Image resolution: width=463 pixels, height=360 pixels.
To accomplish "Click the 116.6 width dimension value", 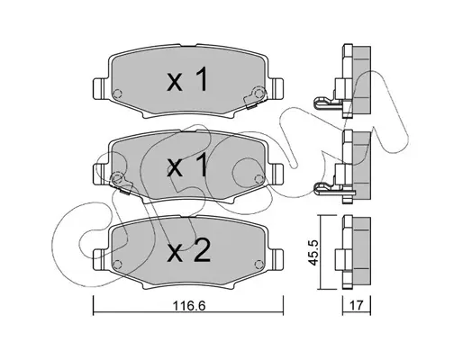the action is tap(189, 306).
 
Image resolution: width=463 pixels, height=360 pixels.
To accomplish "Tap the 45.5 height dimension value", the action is tap(313, 252).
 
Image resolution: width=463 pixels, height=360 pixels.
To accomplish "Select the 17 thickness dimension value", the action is tap(357, 306).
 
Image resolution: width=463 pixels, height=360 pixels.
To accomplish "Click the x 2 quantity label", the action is tap(189, 252).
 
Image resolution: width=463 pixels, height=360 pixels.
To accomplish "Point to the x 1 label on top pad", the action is tap(187, 79).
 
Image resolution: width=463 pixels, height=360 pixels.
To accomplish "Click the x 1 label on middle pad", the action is tap(187, 165).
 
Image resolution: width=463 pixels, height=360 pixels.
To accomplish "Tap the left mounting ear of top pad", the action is tap(100, 87).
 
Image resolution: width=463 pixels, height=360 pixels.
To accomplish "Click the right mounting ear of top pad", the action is tap(277, 87).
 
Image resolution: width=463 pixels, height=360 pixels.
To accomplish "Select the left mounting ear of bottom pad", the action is tap(100, 258).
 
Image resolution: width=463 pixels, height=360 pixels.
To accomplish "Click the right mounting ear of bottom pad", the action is tap(277, 258).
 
